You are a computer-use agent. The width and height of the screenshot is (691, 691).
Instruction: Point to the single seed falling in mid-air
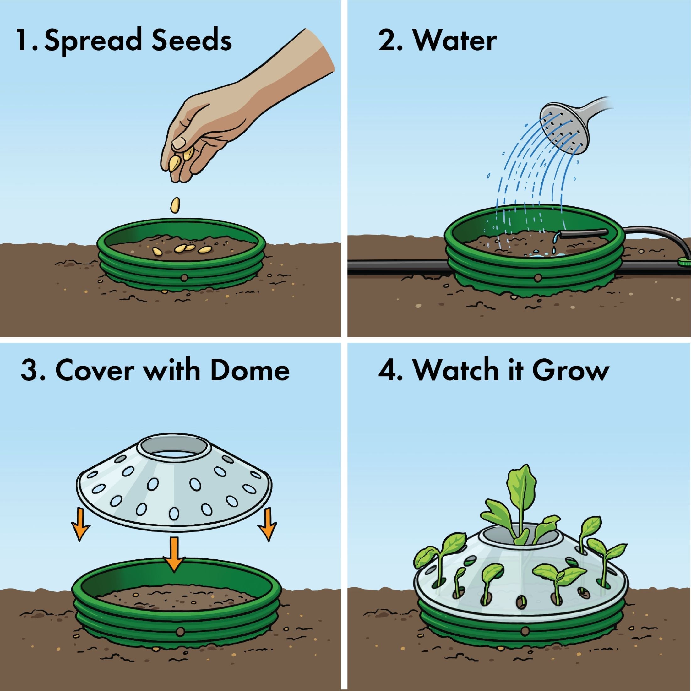pyautogui.click(x=175, y=206)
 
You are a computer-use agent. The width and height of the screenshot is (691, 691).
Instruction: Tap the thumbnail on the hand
pyautogui.click(x=178, y=144)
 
